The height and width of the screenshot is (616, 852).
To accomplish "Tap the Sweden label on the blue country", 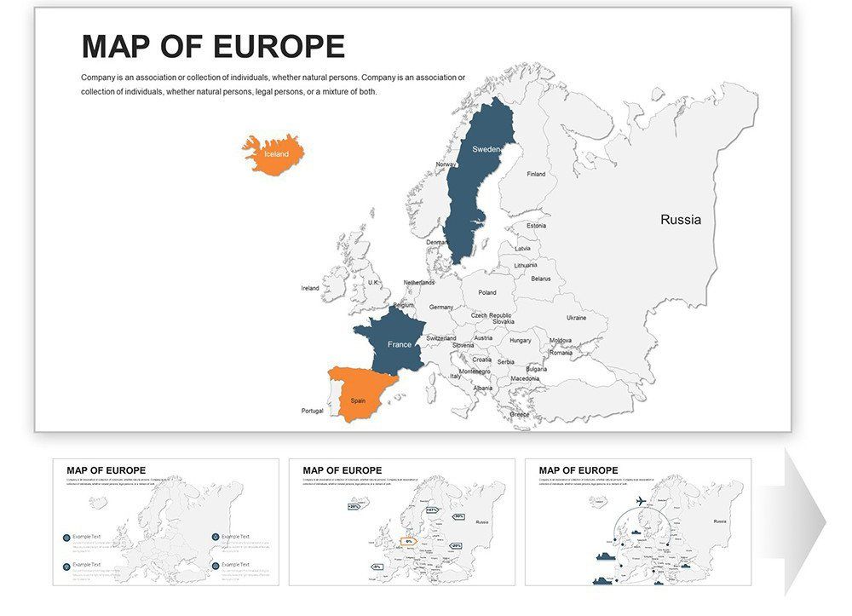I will pyautogui.click(x=486, y=149).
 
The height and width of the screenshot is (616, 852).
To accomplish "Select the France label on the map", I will pyautogui.click(x=399, y=344).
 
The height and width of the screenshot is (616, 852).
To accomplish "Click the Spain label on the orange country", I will pyautogui.click(x=358, y=400).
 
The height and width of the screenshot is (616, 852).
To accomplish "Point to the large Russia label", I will pyautogui.click(x=681, y=220).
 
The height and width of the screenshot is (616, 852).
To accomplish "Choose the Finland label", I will pyautogui.click(x=536, y=174).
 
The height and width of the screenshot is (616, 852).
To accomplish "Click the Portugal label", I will pyautogui.click(x=312, y=411).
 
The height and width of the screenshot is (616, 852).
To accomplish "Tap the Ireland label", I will pyautogui.click(x=310, y=288).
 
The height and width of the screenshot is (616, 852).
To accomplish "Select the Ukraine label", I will pyautogui.click(x=576, y=318).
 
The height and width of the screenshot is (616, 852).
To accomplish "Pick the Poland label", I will pyautogui.click(x=486, y=292).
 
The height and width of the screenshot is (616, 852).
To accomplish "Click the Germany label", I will pyautogui.click(x=441, y=307).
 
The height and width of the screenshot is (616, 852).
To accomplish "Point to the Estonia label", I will pyautogui.click(x=536, y=226).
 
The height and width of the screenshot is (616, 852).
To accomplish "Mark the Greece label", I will pyautogui.click(x=519, y=414).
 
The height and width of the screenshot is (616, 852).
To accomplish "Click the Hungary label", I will pyautogui.click(x=520, y=340).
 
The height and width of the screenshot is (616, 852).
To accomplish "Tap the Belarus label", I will pyautogui.click(x=540, y=279).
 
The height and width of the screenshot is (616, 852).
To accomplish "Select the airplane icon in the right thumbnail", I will pyautogui.click(x=636, y=500).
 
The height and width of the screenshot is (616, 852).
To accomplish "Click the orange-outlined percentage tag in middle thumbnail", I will pyautogui.click(x=409, y=541).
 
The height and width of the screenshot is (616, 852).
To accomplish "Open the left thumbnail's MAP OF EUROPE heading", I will pyautogui.click(x=106, y=470).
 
